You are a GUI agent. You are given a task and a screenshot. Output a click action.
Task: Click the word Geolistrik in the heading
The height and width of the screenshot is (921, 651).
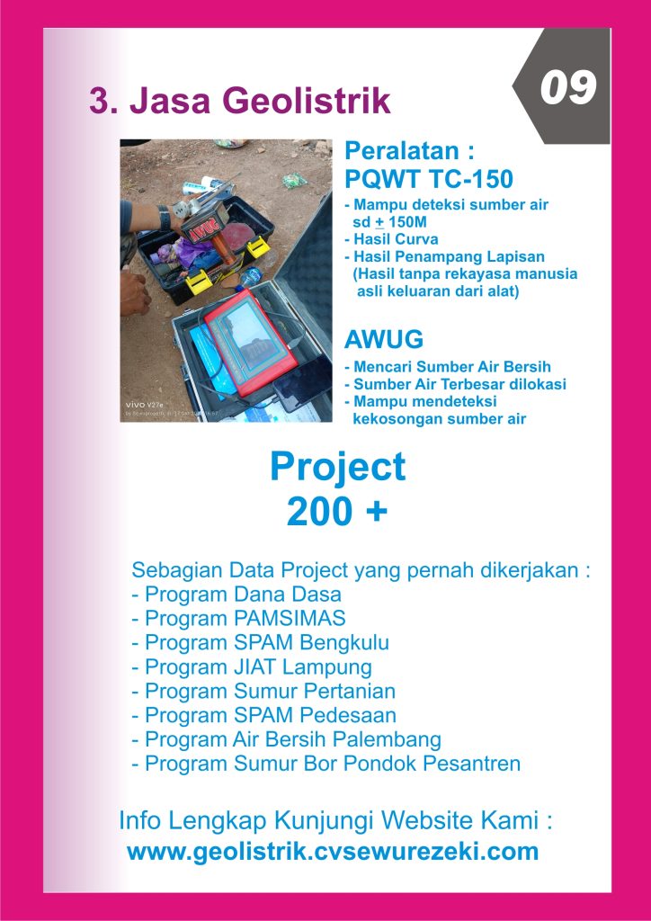pos(306,102)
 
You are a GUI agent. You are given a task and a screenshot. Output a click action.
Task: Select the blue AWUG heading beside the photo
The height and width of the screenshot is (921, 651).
pos(384,340)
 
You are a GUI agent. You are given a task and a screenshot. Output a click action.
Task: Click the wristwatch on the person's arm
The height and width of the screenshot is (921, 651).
pos(165,218)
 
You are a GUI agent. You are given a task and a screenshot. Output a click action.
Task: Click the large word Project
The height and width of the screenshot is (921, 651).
pos(338,468)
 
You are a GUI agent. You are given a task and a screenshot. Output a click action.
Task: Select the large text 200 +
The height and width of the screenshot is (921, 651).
pos(337,512)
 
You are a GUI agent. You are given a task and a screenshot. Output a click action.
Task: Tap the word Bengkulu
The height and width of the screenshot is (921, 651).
pos(344,643)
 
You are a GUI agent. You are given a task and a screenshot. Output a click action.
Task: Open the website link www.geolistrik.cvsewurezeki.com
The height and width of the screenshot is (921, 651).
pos(333,851)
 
